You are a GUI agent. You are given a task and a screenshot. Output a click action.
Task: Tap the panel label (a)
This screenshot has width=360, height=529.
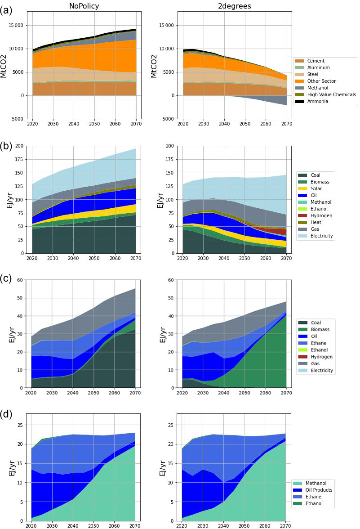(x=6, y=9)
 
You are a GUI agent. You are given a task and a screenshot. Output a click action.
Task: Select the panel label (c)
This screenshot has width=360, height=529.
(x=6, y=278)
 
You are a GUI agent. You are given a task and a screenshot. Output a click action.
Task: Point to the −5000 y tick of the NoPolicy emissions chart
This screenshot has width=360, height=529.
(x=15, y=119)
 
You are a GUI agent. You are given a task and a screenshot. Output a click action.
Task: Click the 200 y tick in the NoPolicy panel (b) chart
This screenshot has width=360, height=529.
(x=19, y=146)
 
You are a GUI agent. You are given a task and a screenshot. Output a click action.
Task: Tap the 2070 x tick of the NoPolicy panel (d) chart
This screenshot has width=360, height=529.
(x=135, y=525)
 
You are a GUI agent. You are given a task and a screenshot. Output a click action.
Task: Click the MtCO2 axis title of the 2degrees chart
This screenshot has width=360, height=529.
(x=154, y=66)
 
